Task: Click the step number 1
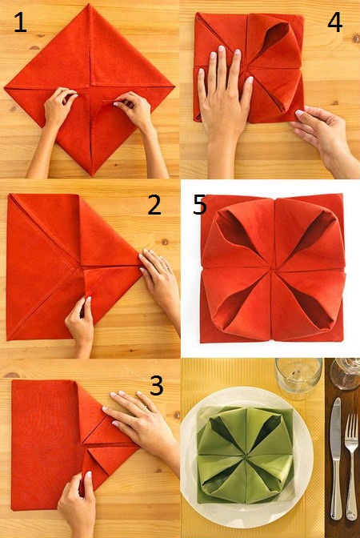[21, 22]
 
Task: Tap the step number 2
[154, 205]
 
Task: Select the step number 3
[156, 385]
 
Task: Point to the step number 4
[335, 22]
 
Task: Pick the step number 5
[199, 205]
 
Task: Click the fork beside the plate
[351, 467]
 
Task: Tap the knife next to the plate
[336, 458]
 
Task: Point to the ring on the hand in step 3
[144, 408]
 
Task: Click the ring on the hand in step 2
[166, 267]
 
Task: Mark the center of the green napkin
[246, 456]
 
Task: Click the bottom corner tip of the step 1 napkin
[92, 175]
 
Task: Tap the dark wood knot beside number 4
[355, 38]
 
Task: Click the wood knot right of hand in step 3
[177, 415]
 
